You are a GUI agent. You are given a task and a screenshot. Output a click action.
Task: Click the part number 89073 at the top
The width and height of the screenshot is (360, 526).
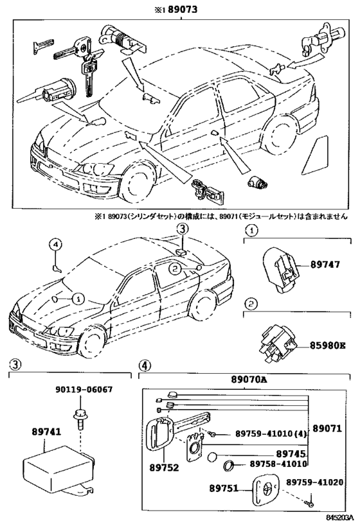(x=183, y=10)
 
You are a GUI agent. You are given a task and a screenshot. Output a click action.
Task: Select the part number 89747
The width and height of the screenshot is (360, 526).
(x=325, y=265)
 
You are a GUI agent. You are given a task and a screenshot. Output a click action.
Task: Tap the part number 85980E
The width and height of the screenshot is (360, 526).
(x=327, y=345)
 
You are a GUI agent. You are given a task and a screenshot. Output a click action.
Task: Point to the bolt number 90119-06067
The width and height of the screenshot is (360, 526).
(x=84, y=390)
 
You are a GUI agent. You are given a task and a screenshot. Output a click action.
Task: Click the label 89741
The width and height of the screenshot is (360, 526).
(x=47, y=432)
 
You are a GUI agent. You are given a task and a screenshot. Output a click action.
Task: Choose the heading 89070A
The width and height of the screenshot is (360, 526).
(x=249, y=380)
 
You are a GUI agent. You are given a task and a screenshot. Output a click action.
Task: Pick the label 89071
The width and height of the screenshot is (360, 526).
(x=327, y=428)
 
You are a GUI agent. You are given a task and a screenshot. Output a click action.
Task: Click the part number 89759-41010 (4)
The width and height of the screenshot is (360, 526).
(x=271, y=434)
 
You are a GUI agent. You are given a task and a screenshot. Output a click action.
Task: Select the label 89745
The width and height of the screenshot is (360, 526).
(x=291, y=454)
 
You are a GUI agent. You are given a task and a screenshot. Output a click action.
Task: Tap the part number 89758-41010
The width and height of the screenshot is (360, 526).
(x=278, y=464)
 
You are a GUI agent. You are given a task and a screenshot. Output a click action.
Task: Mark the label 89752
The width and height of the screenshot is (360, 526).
(x=164, y=468)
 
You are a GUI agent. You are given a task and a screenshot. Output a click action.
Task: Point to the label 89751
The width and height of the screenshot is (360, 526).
(x=224, y=488)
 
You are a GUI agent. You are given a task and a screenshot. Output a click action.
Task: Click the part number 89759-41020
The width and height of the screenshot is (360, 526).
(x=314, y=482)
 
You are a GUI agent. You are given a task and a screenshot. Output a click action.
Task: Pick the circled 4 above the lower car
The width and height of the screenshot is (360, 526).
(x=56, y=245)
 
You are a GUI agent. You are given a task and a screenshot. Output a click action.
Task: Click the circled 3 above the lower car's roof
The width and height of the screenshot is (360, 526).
(x=181, y=229)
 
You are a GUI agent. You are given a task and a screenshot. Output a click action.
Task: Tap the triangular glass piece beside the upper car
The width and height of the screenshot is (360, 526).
(x=315, y=155)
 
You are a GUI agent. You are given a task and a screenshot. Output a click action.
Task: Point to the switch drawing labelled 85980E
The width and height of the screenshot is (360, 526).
(x=277, y=344)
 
